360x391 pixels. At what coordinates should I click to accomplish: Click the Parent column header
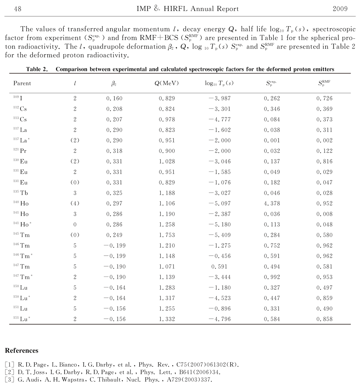22,83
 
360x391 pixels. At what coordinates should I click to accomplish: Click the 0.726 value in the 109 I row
325,98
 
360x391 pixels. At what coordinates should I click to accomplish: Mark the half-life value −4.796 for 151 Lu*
219,319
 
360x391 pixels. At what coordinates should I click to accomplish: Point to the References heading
22,350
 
